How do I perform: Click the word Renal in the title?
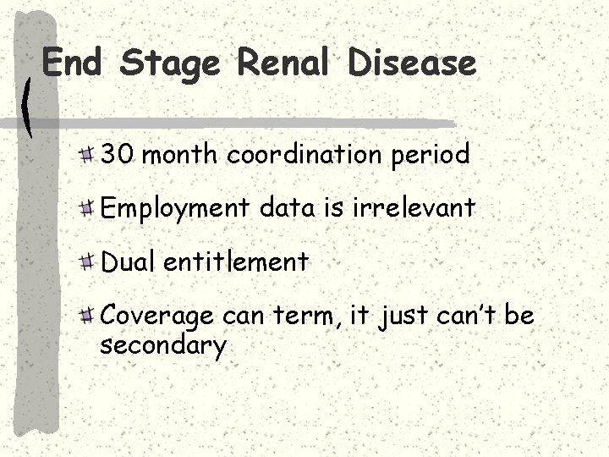[x=283, y=63]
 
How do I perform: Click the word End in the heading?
[x=70, y=63]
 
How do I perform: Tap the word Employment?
[x=175, y=209]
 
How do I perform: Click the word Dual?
[x=128, y=262]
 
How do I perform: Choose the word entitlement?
[x=236, y=262]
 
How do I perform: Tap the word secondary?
[x=162, y=345]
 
